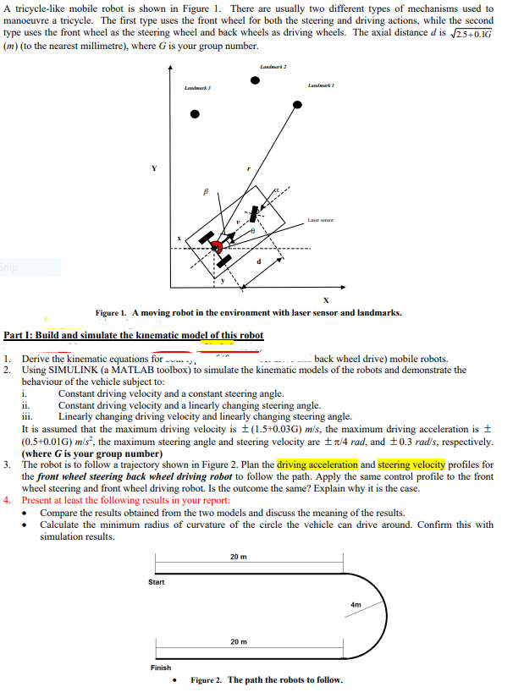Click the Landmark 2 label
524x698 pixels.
[x=270, y=66]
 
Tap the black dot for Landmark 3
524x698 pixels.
[x=195, y=113]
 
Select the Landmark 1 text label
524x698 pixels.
[x=321, y=84]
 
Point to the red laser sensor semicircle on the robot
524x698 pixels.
[x=218, y=247]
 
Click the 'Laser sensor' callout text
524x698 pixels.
[x=320, y=219]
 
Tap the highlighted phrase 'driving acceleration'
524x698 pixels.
[x=317, y=464]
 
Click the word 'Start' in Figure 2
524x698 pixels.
[x=157, y=581]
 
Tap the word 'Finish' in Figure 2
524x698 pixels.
[x=160, y=668]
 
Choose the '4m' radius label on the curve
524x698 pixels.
[x=356, y=605]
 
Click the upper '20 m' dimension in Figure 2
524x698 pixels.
[x=238, y=556]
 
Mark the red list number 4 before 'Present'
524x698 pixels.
[x=7, y=500]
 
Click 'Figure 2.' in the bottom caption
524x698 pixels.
[x=207, y=680]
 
